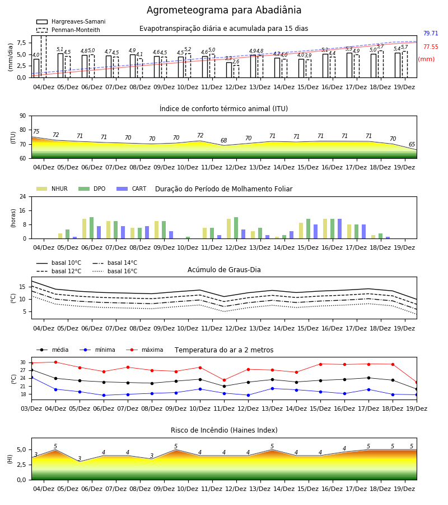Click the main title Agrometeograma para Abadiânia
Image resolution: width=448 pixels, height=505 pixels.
[224, 10]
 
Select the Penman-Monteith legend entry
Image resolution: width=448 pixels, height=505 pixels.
[68, 30]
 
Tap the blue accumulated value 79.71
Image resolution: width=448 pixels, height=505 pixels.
[431, 33]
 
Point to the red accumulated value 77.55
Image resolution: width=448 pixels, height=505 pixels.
[431, 47]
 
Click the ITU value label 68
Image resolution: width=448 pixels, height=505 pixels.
[223, 140]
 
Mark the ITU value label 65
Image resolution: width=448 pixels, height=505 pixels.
[412, 144]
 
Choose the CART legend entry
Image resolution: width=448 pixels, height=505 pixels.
[132, 189]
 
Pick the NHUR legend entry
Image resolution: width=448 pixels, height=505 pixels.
[52, 189]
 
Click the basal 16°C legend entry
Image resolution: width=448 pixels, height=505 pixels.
[115, 271]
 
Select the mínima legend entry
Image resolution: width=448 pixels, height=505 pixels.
[97, 350]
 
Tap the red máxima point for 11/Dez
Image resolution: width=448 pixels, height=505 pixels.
[224, 380]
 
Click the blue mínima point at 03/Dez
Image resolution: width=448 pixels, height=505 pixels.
[31, 377]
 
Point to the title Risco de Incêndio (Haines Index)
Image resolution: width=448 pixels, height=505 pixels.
[224, 430]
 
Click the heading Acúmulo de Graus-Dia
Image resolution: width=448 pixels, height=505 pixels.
[224, 269]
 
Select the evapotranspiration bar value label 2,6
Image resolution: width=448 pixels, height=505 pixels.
[236, 62]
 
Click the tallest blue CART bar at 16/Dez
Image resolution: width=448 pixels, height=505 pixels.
[340, 229]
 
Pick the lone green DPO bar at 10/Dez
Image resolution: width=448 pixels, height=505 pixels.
[188, 238]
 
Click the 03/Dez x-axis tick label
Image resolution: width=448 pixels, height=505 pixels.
[31, 408]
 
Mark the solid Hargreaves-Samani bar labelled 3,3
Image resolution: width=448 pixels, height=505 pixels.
[229, 70]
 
